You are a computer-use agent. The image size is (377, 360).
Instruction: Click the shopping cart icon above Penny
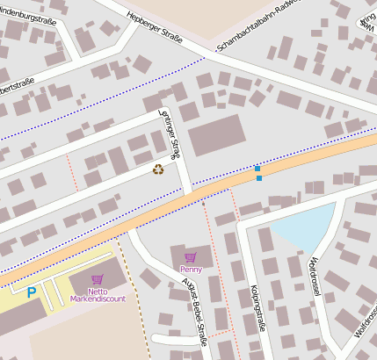[x=191, y=257]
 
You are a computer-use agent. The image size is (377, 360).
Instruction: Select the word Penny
[x=191, y=269]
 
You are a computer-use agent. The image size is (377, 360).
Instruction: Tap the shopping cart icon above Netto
[x=97, y=279]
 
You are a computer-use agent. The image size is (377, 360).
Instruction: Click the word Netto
[x=97, y=290]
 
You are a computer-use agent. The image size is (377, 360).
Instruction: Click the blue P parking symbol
[x=32, y=292]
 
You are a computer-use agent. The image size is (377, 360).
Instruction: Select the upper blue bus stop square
[x=257, y=168]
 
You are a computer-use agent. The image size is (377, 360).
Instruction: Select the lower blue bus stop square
[x=259, y=178]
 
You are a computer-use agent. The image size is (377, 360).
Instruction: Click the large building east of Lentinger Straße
[x=216, y=136]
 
